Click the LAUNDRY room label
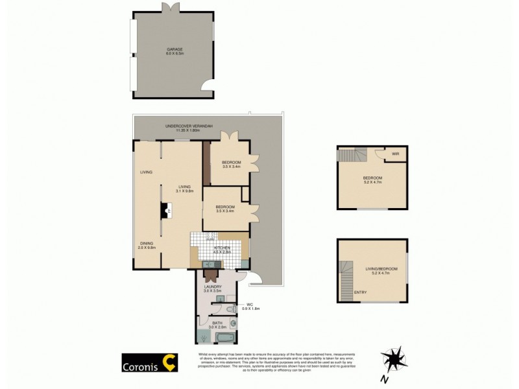[213, 287]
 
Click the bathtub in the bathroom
[226, 337]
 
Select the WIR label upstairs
[395, 154]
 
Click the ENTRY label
[360, 292]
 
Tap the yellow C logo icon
[170, 362]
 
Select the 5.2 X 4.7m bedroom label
[372, 180]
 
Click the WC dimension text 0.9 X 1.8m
[250, 308]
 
